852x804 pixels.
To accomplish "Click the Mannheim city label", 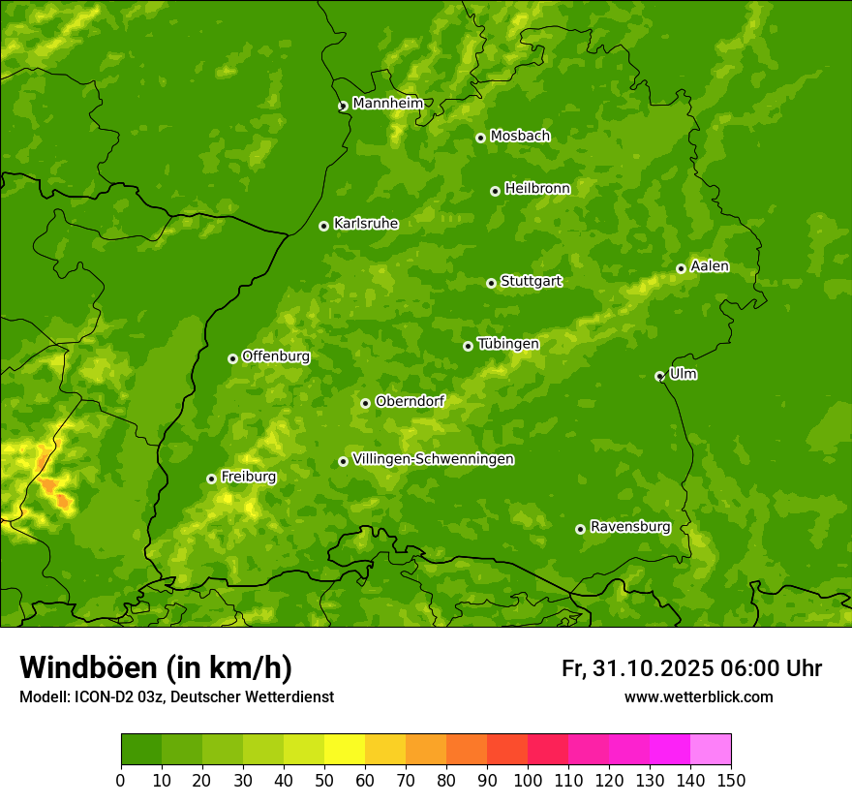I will coord(387,104).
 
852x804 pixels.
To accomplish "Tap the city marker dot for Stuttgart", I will coord(491,283).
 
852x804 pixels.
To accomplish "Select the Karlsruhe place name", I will coord(365,224).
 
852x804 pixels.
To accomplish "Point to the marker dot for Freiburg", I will coord(211,479).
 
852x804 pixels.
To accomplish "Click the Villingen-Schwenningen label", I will coord(433,459).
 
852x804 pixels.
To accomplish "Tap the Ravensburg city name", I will coord(629,527).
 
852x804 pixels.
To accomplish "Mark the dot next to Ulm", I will coord(659,376).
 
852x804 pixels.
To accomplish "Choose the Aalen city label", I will coord(709,266).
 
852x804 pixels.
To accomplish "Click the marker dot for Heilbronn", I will coord(495,191).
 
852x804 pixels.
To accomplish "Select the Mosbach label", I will coord(519,137).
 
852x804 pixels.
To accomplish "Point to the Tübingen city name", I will coord(507,344).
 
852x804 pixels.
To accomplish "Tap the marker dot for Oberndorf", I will coord(365,403).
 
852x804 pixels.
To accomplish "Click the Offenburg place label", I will coord(275,356).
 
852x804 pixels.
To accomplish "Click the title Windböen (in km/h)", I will coord(155,667).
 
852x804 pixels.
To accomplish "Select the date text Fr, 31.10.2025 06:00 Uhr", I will coord(691,668).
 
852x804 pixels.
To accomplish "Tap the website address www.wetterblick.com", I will coord(698,696).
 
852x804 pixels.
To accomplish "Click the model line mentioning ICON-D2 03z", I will coord(176,696).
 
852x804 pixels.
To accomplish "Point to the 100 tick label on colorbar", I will coord(528,780).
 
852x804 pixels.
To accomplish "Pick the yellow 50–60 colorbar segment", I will coord(345,750).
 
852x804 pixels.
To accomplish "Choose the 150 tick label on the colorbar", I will coord(731,780).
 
